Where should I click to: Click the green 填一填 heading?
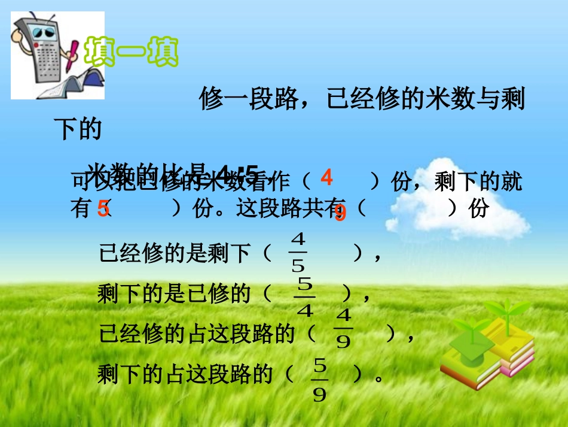132,53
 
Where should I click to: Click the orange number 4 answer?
326,177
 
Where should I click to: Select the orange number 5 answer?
103,208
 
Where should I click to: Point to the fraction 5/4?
305,298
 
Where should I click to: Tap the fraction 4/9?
344,329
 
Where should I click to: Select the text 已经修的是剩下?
175,253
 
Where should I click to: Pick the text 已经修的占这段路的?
197,334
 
